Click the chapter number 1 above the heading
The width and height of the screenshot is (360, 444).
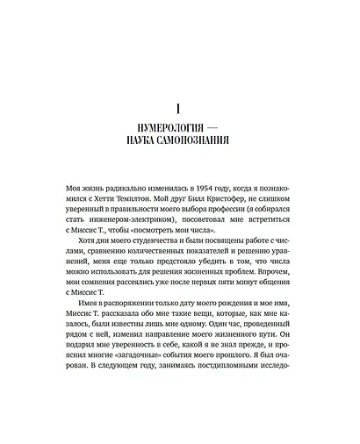pos(179,109)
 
